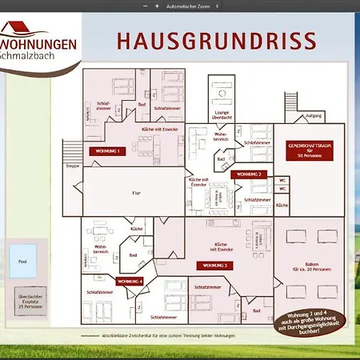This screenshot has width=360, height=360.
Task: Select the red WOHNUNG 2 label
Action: (246, 174)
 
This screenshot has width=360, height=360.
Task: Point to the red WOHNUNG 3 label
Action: (214, 264)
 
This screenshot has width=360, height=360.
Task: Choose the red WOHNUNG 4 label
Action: (130, 282)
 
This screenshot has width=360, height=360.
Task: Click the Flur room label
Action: (136, 193)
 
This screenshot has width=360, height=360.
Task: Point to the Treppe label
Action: (73, 166)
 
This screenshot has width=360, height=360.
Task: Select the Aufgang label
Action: (314, 116)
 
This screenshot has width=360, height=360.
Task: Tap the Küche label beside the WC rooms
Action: (282, 206)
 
